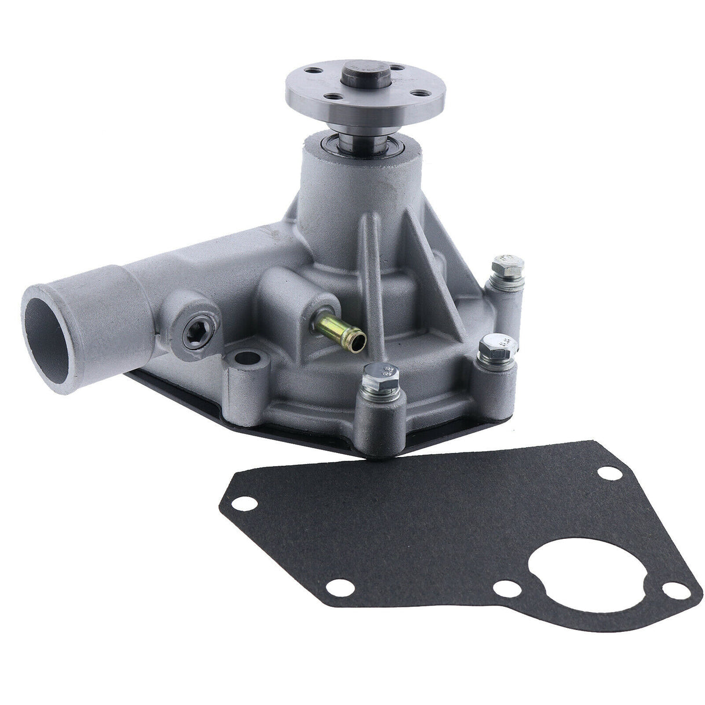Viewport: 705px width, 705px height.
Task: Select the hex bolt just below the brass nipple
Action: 378,372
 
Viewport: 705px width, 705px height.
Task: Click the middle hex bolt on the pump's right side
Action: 495,347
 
